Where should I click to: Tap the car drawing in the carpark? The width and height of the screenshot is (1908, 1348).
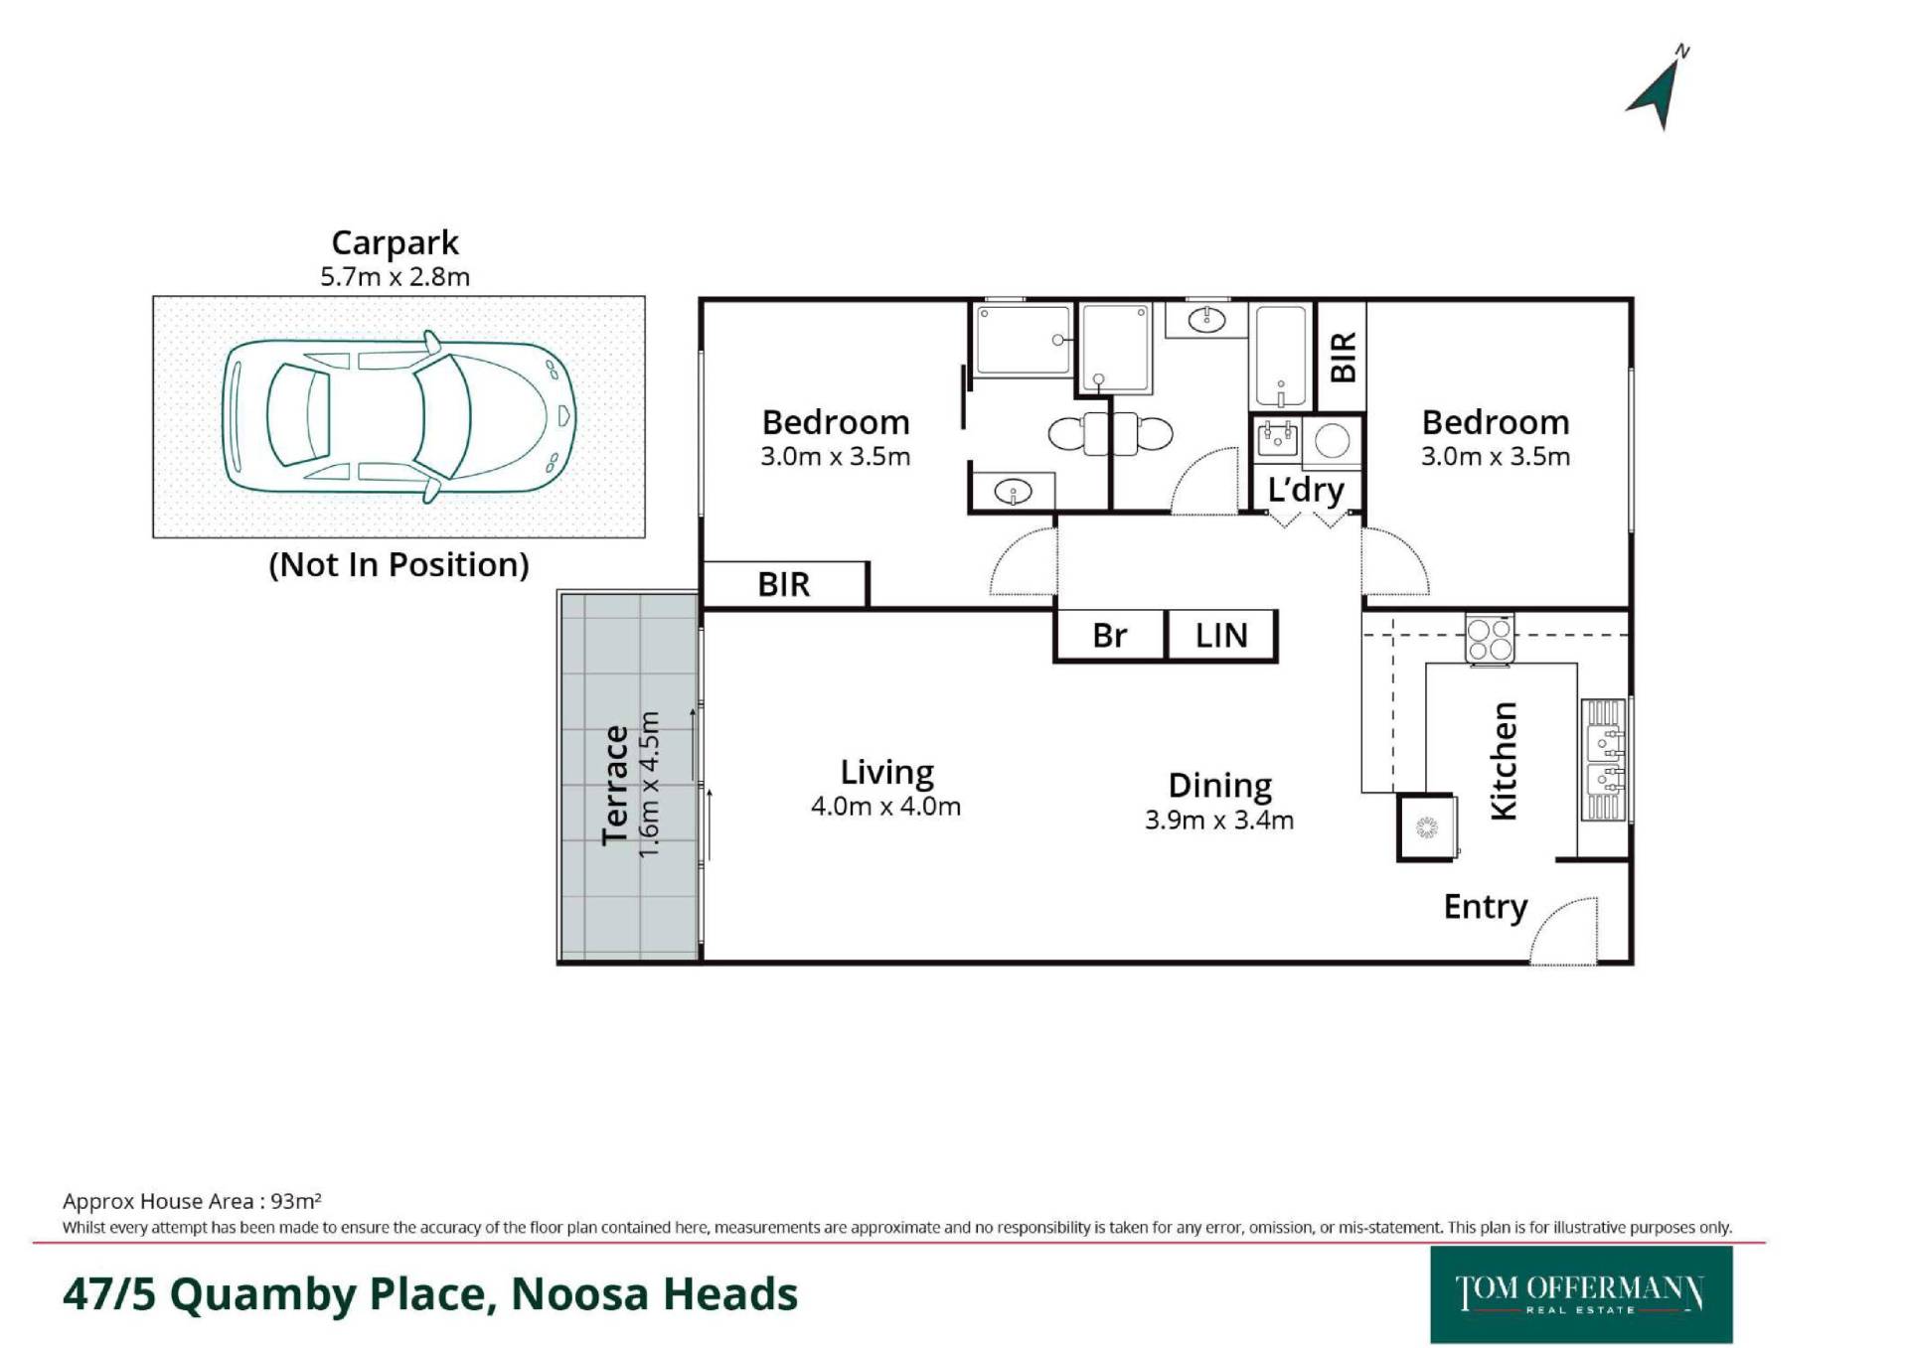click(x=398, y=416)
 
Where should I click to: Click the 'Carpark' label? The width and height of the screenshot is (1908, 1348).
click(x=395, y=243)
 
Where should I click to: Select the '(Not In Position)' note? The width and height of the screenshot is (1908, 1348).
click(x=398, y=564)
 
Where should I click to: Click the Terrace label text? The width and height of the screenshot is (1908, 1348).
click(x=616, y=785)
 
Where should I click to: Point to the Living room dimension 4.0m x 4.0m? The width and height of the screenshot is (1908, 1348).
click(x=885, y=806)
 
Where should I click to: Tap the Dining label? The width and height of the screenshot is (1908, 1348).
click(x=1219, y=786)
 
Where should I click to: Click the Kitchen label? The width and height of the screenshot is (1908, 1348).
click(x=1504, y=761)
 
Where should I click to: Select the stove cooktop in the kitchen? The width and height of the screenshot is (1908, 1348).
click(x=1489, y=639)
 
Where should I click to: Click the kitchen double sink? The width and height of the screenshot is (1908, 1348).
click(x=1603, y=760)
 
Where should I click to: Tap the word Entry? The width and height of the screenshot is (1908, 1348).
click(x=1486, y=908)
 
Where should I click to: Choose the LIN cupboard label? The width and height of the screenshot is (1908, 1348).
click(x=1221, y=636)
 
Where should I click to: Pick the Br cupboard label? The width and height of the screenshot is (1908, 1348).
click(x=1109, y=636)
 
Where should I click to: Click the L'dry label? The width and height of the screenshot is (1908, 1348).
click(x=1306, y=491)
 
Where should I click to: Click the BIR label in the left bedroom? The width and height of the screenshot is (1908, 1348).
click(x=784, y=585)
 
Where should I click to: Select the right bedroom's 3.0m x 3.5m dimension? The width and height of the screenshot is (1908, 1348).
click(x=1496, y=457)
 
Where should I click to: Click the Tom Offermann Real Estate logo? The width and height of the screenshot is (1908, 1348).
click(x=1581, y=1294)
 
